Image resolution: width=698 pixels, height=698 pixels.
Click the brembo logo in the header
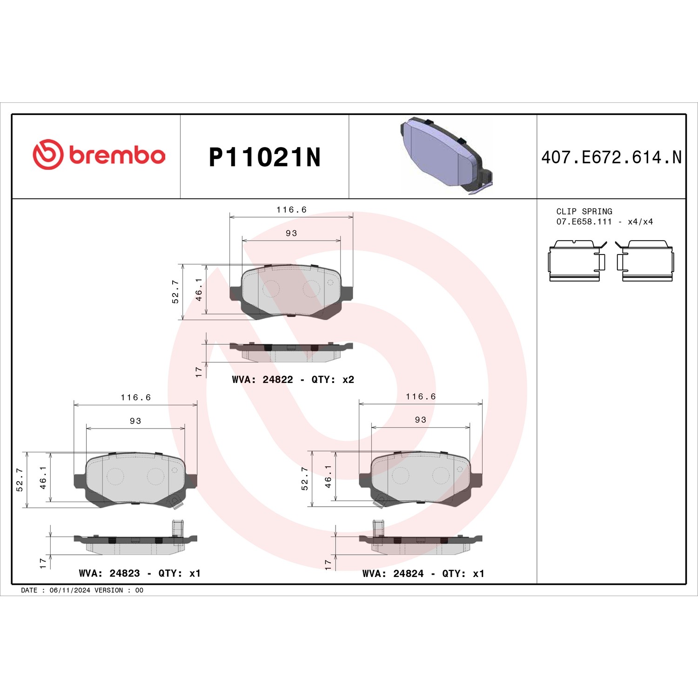click(x=99, y=154)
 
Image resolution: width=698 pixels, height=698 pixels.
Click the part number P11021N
click(x=265, y=157)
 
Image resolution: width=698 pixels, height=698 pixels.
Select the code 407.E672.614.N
click(x=611, y=157)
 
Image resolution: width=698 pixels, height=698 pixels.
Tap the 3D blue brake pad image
click(x=446, y=155)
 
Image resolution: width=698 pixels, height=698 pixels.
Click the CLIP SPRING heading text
click(x=584, y=211)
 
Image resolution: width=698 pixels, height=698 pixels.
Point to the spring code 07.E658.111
click(x=584, y=222)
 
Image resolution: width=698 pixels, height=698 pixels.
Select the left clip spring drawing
click(x=577, y=261)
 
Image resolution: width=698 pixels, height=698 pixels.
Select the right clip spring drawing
click(x=644, y=261)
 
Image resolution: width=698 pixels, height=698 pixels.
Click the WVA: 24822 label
click(x=262, y=380)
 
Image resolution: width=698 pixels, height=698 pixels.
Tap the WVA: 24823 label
click(x=109, y=573)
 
